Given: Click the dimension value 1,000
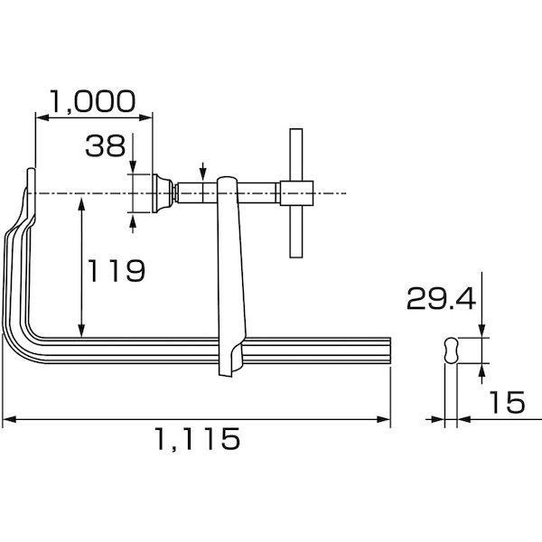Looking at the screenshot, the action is tap(92, 102).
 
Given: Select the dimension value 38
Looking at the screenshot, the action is tap(106, 145).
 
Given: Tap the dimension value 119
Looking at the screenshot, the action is tap(117, 270).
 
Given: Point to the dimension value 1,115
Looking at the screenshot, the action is tap(197, 439).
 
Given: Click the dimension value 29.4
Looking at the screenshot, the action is tap(442, 299).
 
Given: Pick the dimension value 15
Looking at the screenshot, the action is tap(507, 402).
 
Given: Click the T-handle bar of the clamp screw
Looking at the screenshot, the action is tap(296, 193).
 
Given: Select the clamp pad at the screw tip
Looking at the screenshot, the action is tap(163, 193).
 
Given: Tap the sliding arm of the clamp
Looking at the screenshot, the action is tap(230, 276).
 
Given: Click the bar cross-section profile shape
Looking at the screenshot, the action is tap(451, 350).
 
